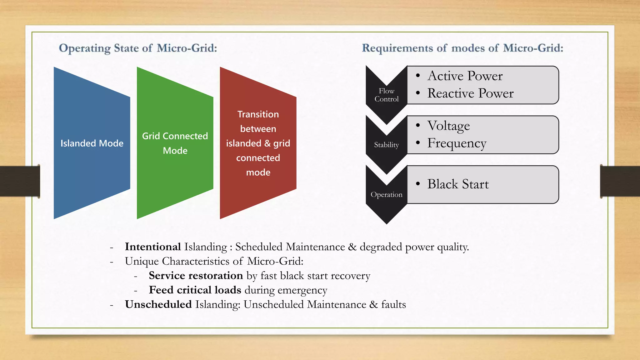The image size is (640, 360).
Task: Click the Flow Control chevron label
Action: pos(387,95)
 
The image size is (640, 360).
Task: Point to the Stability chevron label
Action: pos(387,145)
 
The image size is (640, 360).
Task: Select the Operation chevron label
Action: pos(387,194)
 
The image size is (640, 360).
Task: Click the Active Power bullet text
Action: pos(465,76)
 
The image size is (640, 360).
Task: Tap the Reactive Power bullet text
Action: pos(470,93)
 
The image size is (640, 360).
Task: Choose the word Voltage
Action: pos(448,126)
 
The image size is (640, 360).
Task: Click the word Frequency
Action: pos(457,143)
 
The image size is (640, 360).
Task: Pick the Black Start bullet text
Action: pos(458,184)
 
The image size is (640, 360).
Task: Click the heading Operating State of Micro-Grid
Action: pos(138,48)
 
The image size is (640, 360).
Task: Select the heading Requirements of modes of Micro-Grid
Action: pos(462,48)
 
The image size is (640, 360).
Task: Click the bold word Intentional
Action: pos(153,247)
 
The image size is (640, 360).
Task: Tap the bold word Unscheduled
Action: pos(158,304)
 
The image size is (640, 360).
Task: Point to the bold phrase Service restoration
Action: pos(196,276)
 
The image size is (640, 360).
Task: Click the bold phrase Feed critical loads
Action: pos(195,290)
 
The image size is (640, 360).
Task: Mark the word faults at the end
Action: pos(393,304)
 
